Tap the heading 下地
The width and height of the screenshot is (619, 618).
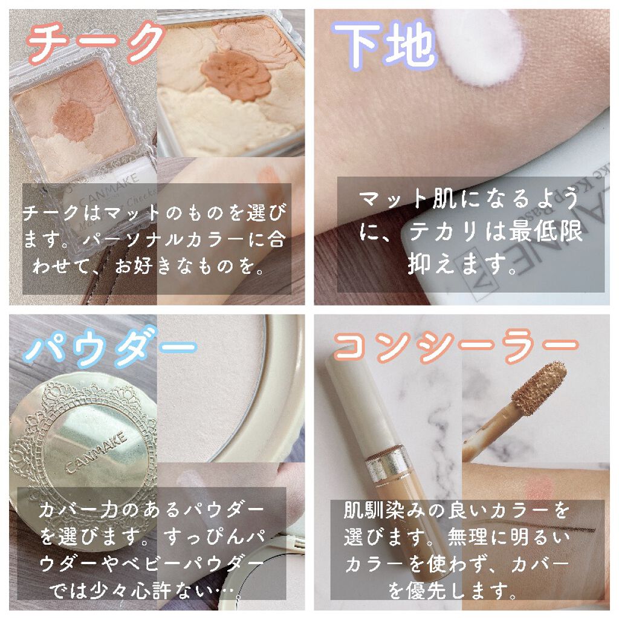tap(385, 44)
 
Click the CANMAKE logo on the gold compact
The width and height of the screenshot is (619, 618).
tap(96, 452)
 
